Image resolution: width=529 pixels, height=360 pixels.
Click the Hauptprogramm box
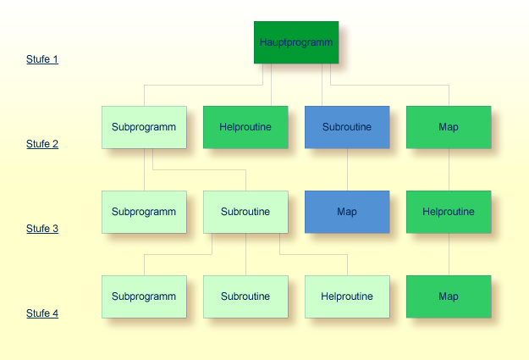296,42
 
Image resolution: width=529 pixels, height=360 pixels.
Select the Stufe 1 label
42,59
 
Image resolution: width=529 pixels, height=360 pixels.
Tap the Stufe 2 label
42,144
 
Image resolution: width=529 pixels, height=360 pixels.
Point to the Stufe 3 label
42,229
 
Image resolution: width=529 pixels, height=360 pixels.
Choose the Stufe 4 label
42,313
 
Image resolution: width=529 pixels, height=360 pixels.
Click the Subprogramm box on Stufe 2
144,127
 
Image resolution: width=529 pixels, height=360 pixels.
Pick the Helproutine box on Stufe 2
245,127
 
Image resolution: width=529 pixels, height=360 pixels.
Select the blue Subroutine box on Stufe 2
347,127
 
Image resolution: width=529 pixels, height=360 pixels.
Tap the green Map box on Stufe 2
449,127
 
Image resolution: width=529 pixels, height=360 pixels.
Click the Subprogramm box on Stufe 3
144,212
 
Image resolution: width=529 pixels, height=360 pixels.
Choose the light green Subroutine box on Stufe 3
245,212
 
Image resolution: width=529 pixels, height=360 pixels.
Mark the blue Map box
347,212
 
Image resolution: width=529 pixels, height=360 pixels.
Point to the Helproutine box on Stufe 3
449,212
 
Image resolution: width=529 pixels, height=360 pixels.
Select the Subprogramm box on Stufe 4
144,296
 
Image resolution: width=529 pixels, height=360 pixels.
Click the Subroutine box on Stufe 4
245,296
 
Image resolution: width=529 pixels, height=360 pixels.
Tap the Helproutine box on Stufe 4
347,296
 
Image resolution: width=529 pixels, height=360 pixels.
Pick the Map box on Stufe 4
449,296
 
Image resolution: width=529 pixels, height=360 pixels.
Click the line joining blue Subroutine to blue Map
347,169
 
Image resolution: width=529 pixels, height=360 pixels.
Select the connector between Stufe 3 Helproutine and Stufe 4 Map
449,254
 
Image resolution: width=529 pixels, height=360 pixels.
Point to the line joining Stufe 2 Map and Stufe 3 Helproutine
449,169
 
